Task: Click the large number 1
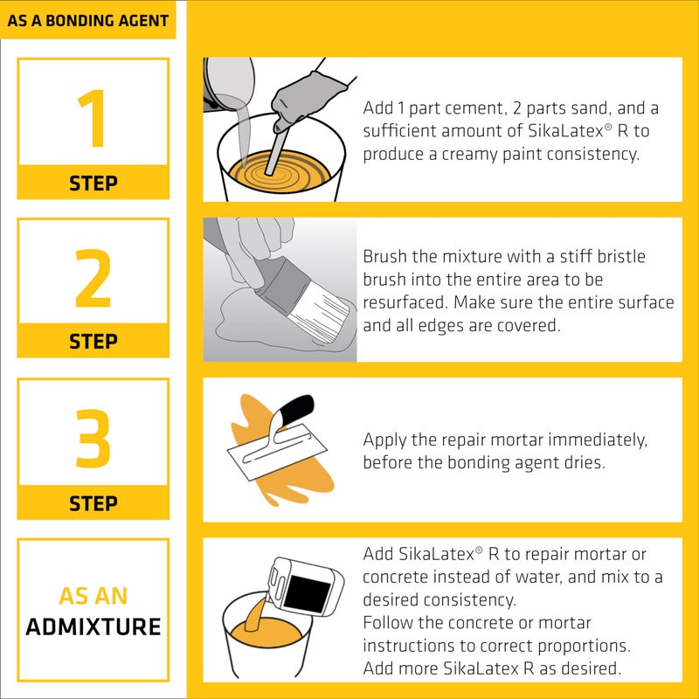coord(93,119)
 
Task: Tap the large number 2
coord(93,277)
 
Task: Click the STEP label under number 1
coord(93,183)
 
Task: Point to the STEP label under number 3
coord(93,503)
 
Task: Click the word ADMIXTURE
coord(93,626)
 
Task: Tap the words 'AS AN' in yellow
coord(93,597)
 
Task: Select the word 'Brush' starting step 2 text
coord(385,257)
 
